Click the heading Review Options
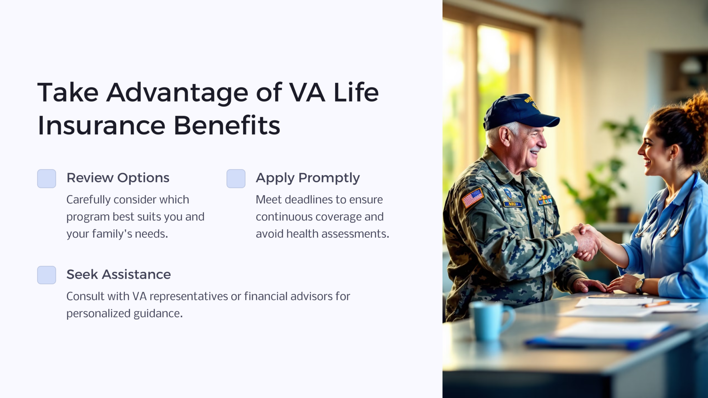[x=118, y=178]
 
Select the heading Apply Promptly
[x=308, y=178]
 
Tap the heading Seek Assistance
[x=119, y=275]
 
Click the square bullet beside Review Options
[x=47, y=179]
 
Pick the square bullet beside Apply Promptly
[x=236, y=179]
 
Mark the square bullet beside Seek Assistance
[x=47, y=275]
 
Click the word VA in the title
[x=307, y=93]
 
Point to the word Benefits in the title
[x=227, y=125]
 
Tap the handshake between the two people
[x=587, y=241]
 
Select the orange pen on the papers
[x=656, y=304]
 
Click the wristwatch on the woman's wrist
[x=640, y=285]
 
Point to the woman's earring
[x=671, y=159]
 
